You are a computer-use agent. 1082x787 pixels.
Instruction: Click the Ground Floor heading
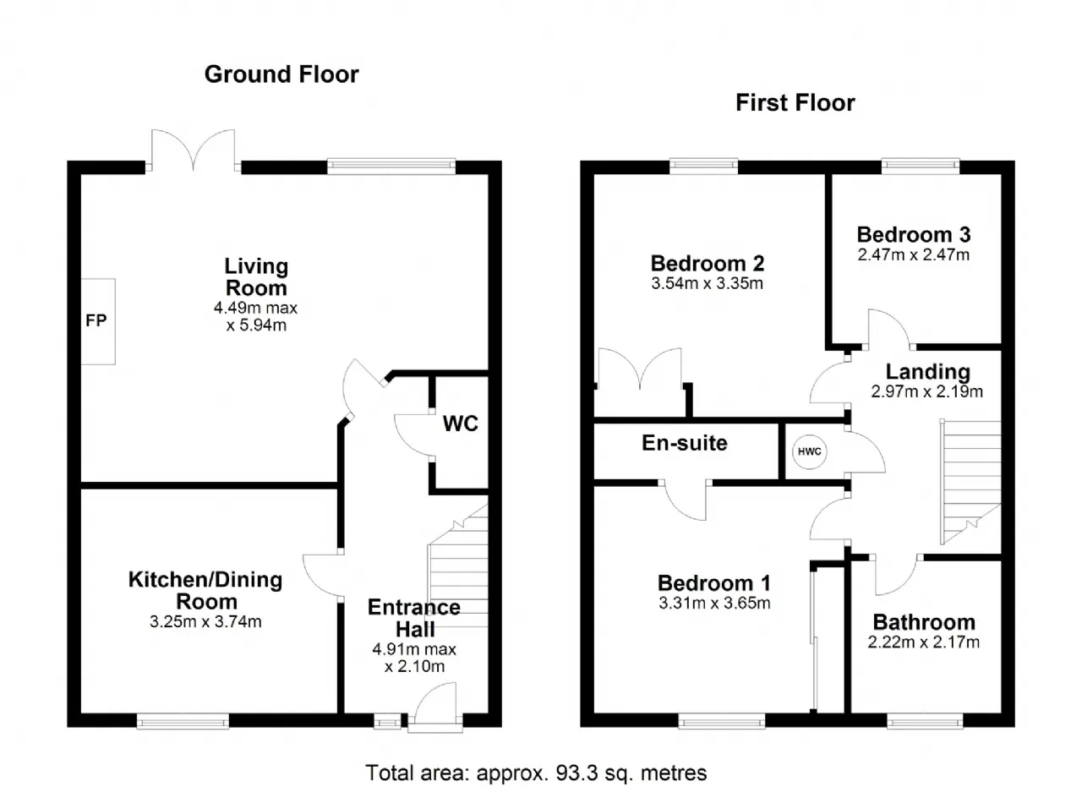point(281,74)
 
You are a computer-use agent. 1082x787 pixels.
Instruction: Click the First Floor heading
point(795,103)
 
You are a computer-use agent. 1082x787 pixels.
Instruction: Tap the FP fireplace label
point(96,320)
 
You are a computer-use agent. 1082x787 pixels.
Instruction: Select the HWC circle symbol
point(809,451)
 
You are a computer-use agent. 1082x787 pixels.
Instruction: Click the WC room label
point(461,424)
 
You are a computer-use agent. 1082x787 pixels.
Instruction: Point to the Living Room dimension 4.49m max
point(255,308)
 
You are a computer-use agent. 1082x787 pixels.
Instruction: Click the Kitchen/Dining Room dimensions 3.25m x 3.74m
point(205,621)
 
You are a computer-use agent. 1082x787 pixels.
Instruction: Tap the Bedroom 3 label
point(914,235)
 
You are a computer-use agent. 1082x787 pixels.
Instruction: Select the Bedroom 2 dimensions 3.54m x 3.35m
point(708,283)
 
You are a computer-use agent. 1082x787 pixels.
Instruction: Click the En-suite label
point(685,443)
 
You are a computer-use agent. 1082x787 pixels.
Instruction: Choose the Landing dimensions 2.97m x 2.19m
point(927,391)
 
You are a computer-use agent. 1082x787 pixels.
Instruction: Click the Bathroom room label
point(924,622)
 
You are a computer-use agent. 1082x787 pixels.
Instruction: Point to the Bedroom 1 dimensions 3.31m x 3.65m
point(714,603)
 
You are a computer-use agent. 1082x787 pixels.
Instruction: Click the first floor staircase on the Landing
point(970,482)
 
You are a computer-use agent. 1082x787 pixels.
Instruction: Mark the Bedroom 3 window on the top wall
point(921,167)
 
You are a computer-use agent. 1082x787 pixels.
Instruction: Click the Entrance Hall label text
point(414,619)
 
